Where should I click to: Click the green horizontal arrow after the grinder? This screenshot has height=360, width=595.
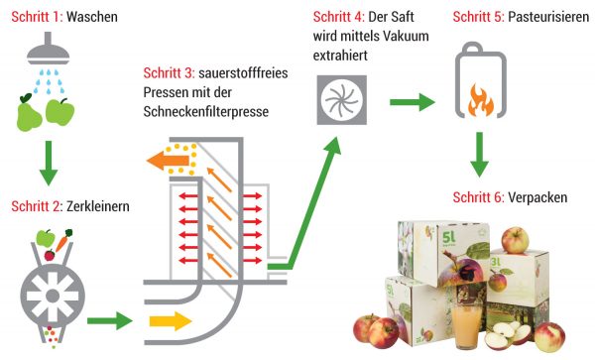[110, 320]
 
